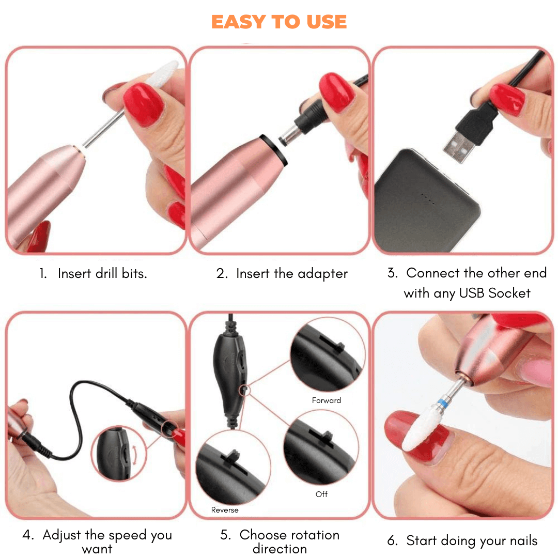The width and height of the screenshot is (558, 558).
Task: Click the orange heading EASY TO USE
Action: [279, 22]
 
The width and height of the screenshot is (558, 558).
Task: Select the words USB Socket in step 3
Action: [495, 293]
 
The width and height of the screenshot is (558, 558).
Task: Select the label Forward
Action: [327, 400]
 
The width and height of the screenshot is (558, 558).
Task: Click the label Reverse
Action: [225, 510]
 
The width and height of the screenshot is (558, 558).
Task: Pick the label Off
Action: [321, 494]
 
